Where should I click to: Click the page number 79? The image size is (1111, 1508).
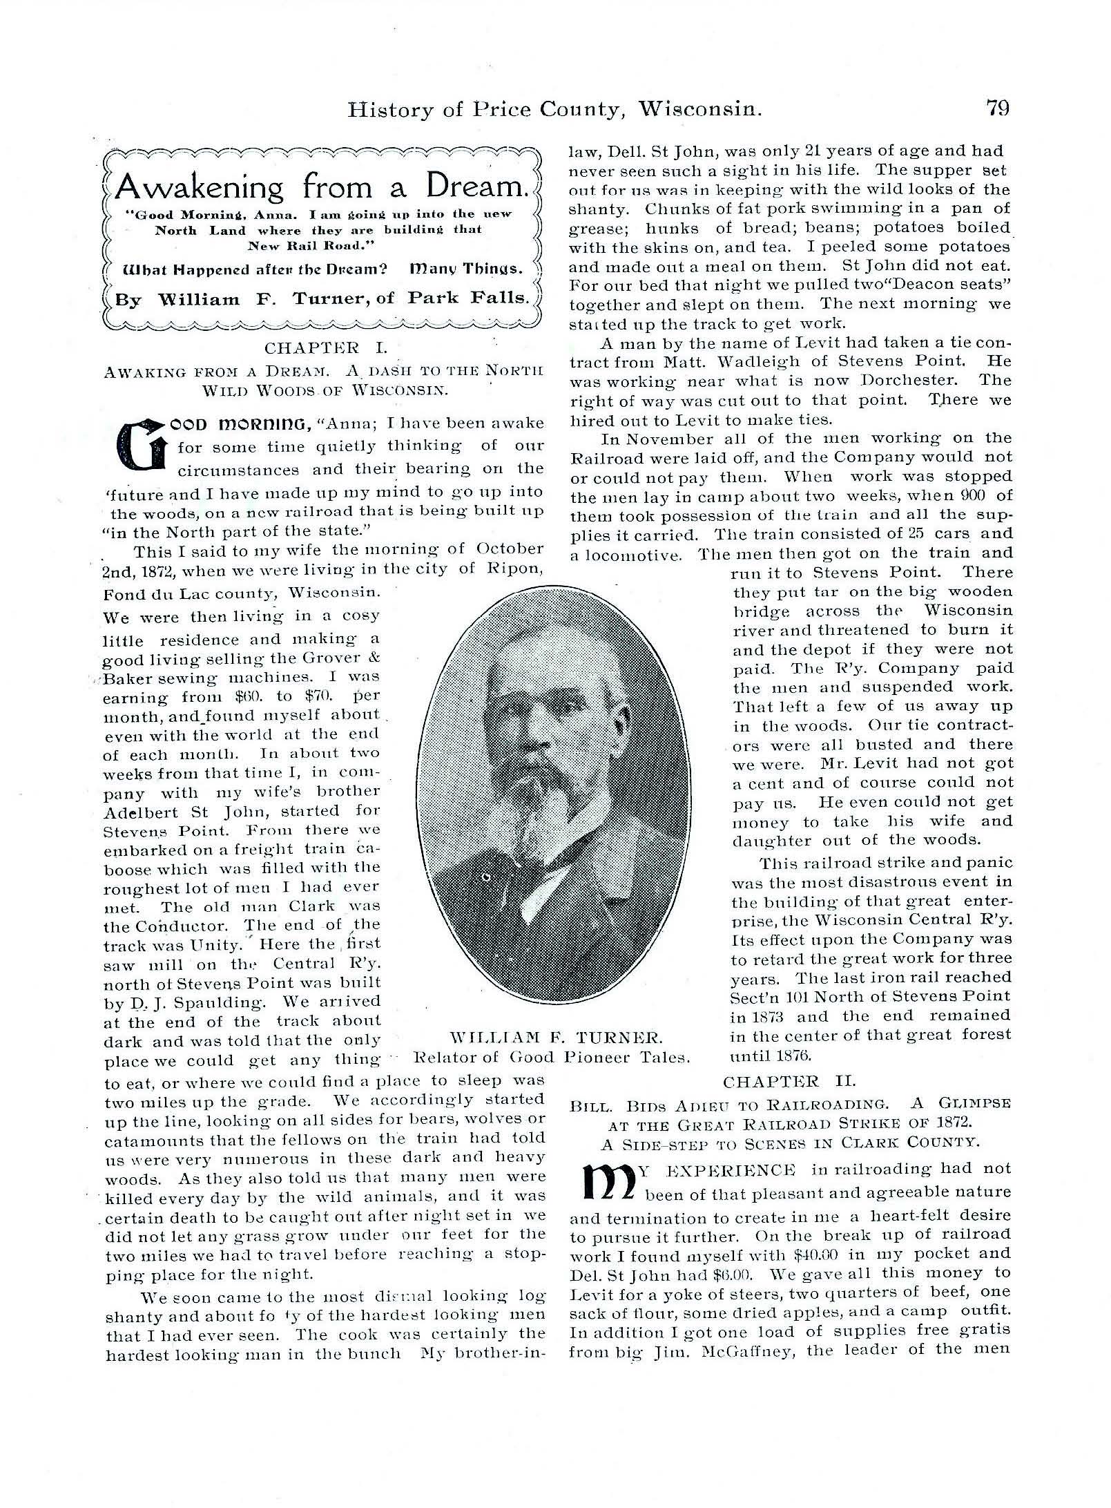(997, 108)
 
